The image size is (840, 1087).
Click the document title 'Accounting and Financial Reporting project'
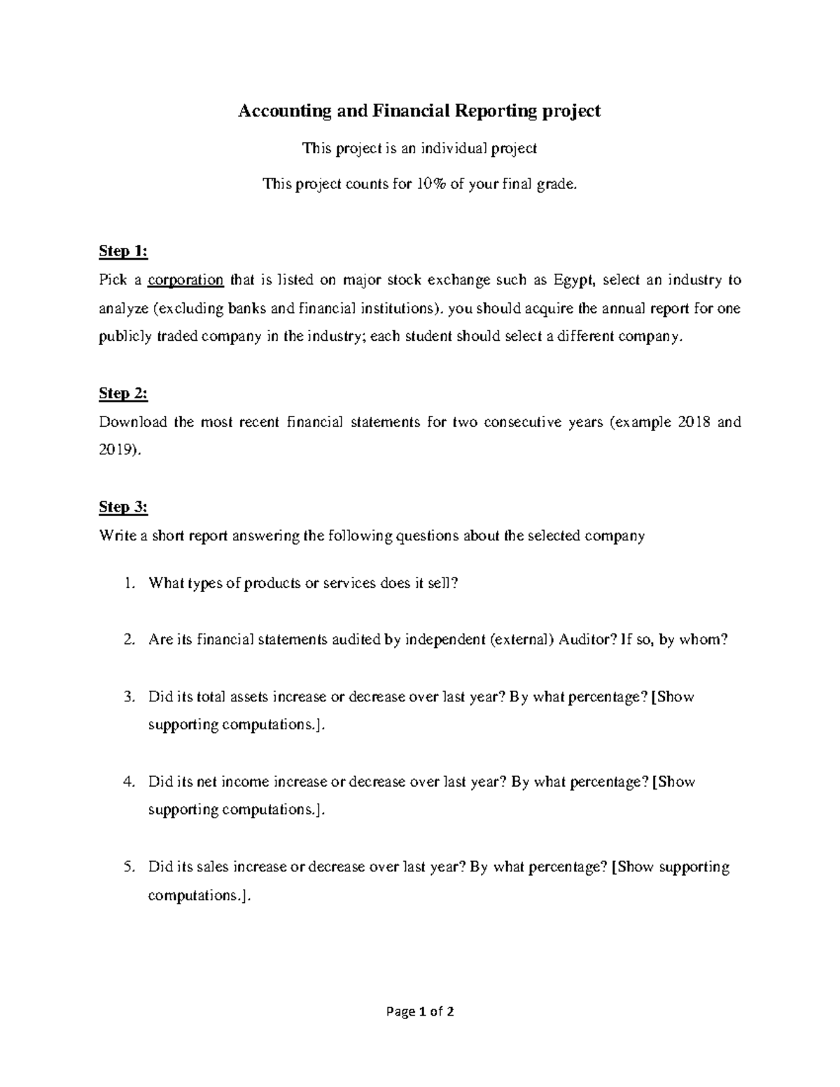[419, 111]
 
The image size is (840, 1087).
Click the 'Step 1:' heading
[123, 251]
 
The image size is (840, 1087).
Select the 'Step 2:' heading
[123, 393]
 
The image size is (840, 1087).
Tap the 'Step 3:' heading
[123, 507]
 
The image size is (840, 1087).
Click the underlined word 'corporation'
[185, 280]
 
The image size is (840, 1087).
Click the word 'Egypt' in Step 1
[573, 280]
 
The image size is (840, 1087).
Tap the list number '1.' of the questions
[128, 583]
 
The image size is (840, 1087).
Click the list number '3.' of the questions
[128, 696]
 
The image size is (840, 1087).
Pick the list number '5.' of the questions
[128, 867]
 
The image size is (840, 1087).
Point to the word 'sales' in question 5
[213, 867]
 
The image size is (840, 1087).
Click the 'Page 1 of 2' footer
[419, 1011]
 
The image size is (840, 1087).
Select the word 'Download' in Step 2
[133, 422]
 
